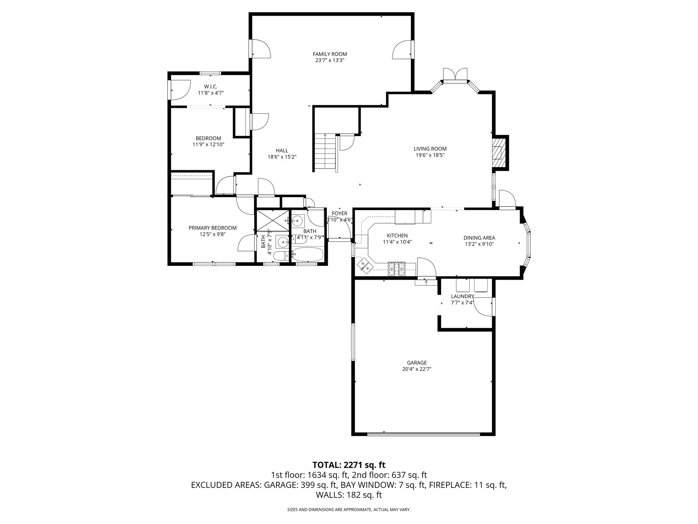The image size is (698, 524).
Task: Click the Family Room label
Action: pyautogui.click(x=330, y=54)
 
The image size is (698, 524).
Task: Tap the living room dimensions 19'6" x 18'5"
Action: pyautogui.click(x=430, y=155)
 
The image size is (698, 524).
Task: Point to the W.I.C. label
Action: pyautogui.click(x=211, y=86)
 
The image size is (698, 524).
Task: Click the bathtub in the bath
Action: pyautogui.click(x=307, y=254)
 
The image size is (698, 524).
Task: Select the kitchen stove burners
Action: pyautogui.click(x=397, y=269)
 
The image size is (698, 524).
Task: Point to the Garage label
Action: pyautogui.click(x=416, y=363)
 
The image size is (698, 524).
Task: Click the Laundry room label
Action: pyautogui.click(x=462, y=296)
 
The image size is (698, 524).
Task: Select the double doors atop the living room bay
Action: pyautogui.click(x=455, y=75)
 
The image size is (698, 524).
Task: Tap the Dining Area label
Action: pyautogui.click(x=479, y=238)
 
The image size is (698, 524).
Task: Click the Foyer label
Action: pyautogui.click(x=339, y=214)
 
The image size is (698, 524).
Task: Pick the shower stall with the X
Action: pyautogui.click(x=272, y=220)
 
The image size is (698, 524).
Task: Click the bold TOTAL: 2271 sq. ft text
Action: pyautogui.click(x=349, y=465)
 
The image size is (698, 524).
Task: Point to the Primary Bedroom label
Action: pyautogui.click(x=212, y=228)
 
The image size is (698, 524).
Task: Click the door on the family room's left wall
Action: pyautogui.click(x=260, y=48)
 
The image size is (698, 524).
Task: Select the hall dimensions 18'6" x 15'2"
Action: pyautogui.click(x=282, y=157)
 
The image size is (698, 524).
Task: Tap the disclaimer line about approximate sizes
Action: pyautogui.click(x=349, y=510)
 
